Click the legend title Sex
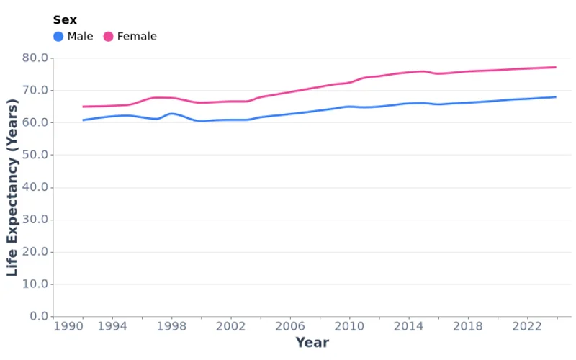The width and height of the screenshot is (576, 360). click(x=65, y=20)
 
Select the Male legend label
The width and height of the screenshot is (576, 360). click(x=80, y=37)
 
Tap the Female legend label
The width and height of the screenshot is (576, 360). click(x=137, y=37)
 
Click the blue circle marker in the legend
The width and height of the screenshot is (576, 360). click(x=58, y=37)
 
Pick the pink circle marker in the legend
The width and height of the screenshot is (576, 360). click(x=109, y=37)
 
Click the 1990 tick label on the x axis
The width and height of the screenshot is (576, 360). click(x=68, y=326)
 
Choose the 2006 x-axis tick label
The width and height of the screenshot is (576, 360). click(x=290, y=326)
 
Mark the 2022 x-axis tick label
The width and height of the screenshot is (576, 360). click(x=527, y=326)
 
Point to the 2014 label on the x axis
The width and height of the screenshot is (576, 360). click(x=409, y=326)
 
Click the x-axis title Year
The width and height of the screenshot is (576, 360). click(x=312, y=343)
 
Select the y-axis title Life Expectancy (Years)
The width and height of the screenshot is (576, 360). click(x=12, y=187)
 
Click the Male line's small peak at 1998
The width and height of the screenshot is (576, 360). click(x=171, y=113)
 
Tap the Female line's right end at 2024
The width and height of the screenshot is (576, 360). click(x=556, y=67)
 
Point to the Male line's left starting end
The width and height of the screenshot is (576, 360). click(x=83, y=120)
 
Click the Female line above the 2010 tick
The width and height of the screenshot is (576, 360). click(x=349, y=83)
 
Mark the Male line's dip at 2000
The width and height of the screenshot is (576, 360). click(x=201, y=121)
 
